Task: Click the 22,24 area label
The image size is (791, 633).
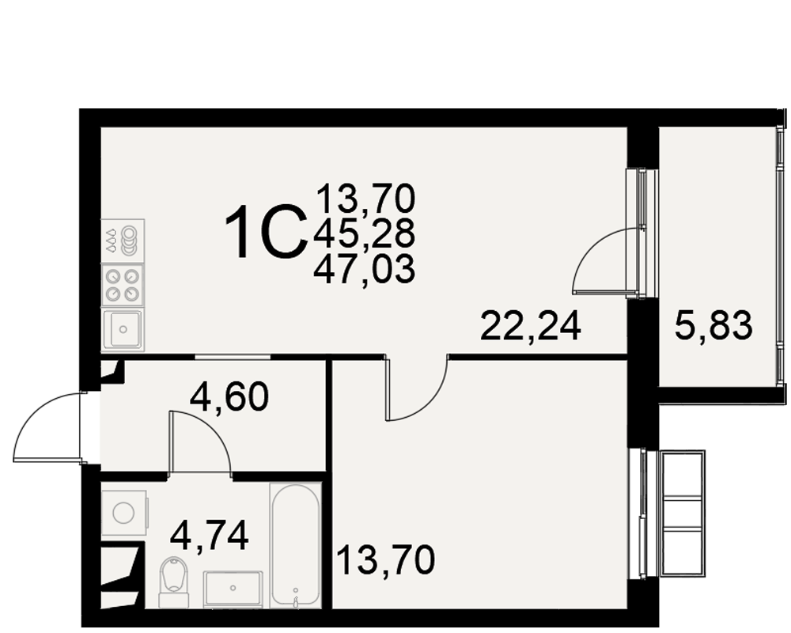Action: (x=531, y=326)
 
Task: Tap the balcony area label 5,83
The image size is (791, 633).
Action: (x=713, y=326)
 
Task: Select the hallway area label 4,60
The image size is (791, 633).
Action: (x=229, y=396)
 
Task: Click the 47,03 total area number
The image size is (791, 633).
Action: (x=364, y=269)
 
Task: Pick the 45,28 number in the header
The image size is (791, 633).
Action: (x=364, y=233)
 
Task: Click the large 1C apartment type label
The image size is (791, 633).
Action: (x=266, y=232)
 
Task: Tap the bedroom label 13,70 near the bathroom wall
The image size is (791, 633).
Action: (x=385, y=559)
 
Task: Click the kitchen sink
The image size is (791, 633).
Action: (x=123, y=330)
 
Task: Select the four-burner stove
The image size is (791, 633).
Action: (x=123, y=285)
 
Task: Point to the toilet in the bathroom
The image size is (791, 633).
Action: (x=173, y=582)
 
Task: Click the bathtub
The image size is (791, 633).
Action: (x=296, y=546)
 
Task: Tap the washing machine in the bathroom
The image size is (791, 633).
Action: (x=125, y=513)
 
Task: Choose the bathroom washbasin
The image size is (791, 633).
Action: (x=233, y=589)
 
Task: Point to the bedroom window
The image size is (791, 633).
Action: (x=642, y=515)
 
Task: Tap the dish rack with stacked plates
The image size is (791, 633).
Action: (x=123, y=241)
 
